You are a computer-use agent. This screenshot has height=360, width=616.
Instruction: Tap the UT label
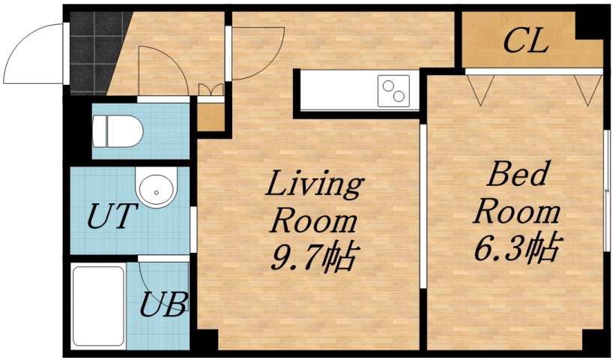click(112, 217)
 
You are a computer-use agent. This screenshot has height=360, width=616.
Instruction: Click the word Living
click(315, 184)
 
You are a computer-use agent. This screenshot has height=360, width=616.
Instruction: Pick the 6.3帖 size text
click(517, 247)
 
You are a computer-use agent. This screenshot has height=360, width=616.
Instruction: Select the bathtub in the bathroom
click(99, 305)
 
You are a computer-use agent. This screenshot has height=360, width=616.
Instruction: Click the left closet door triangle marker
click(480, 88)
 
